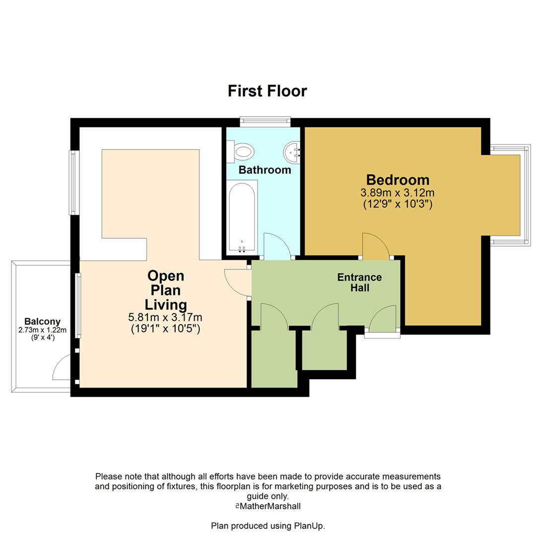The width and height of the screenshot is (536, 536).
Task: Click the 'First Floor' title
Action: (267, 91)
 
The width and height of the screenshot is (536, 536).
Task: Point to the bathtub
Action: (242, 216)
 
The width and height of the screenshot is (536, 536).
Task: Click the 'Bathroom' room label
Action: (265, 170)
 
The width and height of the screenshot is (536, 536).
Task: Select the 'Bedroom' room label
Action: (398, 180)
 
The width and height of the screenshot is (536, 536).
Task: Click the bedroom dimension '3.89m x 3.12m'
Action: (398, 193)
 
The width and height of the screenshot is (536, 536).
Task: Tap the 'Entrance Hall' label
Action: (359, 282)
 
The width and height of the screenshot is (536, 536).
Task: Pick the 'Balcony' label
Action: (42, 321)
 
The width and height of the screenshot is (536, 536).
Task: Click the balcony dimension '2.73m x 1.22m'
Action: (42, 330)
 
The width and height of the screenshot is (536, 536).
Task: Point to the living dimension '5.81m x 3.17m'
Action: (165, 317)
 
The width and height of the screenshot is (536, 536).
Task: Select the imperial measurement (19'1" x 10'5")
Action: (165, 328)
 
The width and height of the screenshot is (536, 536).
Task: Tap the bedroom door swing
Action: (376, 246)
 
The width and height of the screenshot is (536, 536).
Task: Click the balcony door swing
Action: (63, 368)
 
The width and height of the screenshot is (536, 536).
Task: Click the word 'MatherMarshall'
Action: (270, 506)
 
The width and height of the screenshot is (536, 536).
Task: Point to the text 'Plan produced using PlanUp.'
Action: (268, 526)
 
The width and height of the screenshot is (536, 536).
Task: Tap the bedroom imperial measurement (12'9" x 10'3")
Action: (398, 203)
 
